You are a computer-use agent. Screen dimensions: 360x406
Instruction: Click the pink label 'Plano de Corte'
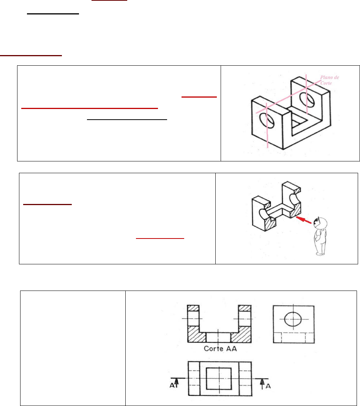click(330, 80)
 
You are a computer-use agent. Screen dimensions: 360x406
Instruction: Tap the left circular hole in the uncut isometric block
click(267, 121)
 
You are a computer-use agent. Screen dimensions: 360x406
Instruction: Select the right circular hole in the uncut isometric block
click(307, 99)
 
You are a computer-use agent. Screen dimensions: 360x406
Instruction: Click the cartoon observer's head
click(321, 223)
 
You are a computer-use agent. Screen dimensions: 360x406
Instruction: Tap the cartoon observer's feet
click(319, 254)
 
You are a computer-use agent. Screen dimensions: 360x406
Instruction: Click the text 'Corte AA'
click(220, 349)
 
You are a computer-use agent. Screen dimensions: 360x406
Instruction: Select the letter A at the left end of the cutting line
click(172, 385)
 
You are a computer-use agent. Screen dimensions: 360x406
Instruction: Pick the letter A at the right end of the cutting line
click(268, 386)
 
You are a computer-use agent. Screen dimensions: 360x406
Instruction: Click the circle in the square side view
click(293, 319)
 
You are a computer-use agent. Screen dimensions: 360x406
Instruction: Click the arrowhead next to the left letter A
click(177, 381)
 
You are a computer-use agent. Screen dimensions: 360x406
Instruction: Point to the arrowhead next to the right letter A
click(262, 382)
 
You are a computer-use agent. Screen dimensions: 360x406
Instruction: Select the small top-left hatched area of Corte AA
click(193, 308)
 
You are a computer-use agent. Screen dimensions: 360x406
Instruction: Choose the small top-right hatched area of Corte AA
click(245, 308)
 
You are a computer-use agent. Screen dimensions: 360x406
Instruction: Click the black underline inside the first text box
click(127, 120)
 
